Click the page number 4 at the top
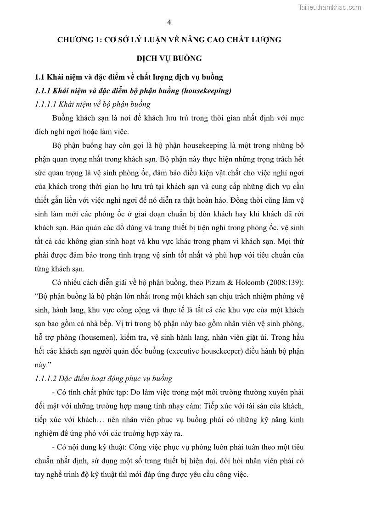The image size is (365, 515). pyautogui.click(x=169, y=22)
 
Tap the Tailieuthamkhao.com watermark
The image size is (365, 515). pyautogui.click(x=329, y=7)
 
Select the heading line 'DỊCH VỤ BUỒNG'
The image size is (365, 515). pyautogui.click(x=169, y=58)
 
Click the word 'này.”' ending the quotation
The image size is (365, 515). pyautogui.click(x=45, y=365)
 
